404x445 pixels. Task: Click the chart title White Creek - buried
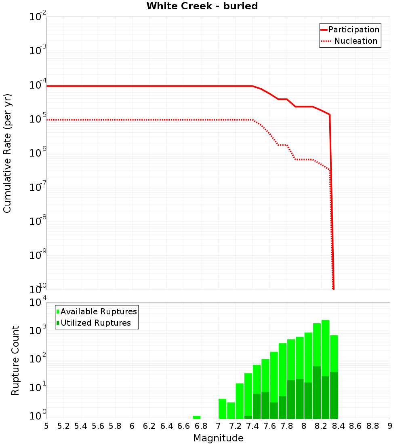(x=202, y=6)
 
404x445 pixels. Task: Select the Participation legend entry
(x=353, y=30)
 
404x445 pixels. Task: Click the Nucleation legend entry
(x=356, y=41)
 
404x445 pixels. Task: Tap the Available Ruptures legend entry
(x=99, y=311)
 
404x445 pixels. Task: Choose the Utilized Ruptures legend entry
(x=95, y=323)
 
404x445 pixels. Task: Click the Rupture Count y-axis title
(x=15, y=360)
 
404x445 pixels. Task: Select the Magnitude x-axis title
(x=218, y=438)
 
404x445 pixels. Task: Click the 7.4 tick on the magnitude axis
(x=252, y=426)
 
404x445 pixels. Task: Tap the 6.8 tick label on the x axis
(x=201, y=426)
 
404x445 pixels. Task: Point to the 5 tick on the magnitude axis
(x=46, y=426)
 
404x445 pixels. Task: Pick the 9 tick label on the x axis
(x=389, y=426)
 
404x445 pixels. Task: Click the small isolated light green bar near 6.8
(x=197, y=417)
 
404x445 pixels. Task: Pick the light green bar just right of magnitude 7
(x=222, y=409)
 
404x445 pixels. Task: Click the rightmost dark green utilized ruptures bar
(x=334, y=395)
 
